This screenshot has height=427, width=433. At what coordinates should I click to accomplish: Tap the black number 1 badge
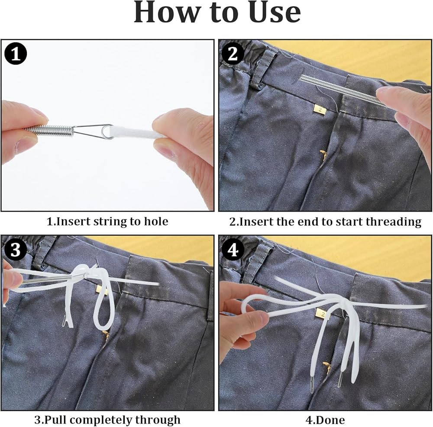click(16, 54)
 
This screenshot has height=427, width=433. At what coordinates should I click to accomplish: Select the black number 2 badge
click(233, 53)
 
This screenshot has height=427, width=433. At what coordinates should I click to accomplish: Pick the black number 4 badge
click(233, 250)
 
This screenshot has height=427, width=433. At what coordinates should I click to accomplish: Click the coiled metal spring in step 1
click(49, 131)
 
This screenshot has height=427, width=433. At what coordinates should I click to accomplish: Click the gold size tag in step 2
click(320, 109)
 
